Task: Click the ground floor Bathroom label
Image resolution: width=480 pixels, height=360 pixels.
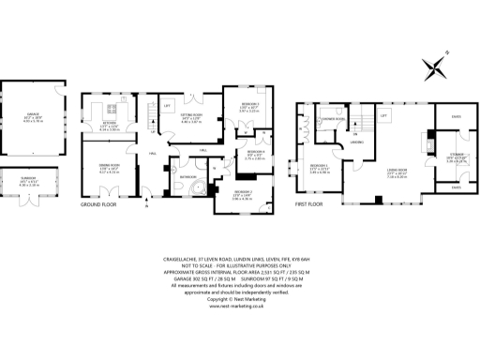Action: coord(187,175)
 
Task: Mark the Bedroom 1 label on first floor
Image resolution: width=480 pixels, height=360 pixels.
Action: coord(322,168)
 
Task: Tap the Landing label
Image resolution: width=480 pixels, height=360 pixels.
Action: coord(356,142)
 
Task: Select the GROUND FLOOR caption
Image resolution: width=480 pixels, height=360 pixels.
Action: coord(97,202)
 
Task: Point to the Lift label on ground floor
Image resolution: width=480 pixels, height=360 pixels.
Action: coord(166,106)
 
